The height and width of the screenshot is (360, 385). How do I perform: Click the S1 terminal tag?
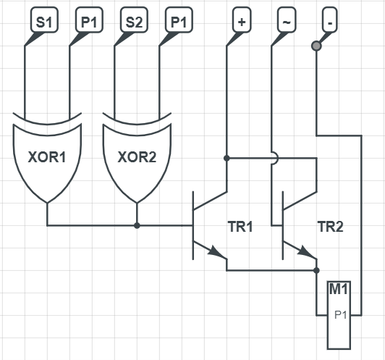[x=44, y=20]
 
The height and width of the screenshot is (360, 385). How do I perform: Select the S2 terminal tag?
[x=134, y=20]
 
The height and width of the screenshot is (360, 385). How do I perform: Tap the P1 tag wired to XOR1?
[x=89, y=20]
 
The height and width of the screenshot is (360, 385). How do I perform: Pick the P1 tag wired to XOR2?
[x=179, y=20]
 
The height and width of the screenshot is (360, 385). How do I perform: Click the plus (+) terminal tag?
[x=242, y=20]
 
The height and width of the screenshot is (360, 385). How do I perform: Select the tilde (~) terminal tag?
[x=287, y=20]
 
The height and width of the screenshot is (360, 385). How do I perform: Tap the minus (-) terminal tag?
[x=330, y=20]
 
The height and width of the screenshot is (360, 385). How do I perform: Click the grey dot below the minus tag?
[x=316, y=46]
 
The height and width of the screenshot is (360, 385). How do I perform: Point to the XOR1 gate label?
[x=47, y=157]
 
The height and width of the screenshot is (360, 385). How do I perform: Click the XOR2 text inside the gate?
[x=137, y=157]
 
